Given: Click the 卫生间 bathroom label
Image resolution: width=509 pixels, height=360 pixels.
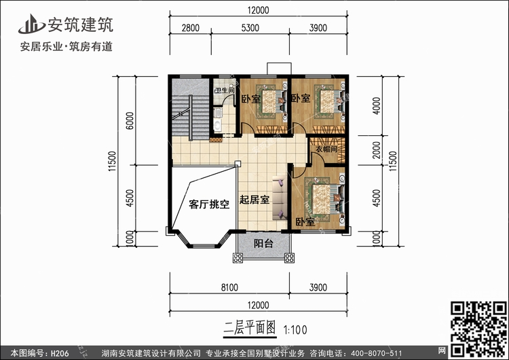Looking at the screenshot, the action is (225, 90).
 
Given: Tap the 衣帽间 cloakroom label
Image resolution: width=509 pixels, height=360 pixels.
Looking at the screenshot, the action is (326, 149).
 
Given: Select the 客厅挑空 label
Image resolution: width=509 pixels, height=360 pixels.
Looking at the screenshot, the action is (209, 204).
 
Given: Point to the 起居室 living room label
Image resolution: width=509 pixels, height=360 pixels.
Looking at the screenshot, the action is (254, 200).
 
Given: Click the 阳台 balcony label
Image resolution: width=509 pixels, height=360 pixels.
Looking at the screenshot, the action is (263, 243).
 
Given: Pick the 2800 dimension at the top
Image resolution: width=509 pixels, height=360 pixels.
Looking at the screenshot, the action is (191, 28).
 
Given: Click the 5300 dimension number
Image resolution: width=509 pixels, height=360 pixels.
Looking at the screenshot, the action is (250, 28).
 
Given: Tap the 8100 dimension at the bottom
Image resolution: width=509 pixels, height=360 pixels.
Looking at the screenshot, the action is (229, 287).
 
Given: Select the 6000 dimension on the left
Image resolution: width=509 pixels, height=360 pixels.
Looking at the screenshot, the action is (130, 120).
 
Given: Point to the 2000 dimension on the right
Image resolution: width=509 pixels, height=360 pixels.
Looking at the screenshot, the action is (376, 150).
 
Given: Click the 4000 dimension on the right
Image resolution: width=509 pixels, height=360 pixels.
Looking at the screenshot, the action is (376, 105).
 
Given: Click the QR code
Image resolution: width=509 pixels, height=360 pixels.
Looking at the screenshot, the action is (478, 329).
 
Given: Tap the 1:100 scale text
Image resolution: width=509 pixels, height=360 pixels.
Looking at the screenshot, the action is (295, 330).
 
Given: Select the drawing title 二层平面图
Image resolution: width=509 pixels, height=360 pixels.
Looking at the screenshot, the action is (250, 328).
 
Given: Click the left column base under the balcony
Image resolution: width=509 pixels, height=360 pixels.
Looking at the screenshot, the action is (238, 258).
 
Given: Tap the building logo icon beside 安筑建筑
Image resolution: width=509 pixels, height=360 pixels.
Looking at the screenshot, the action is (31, 24).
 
